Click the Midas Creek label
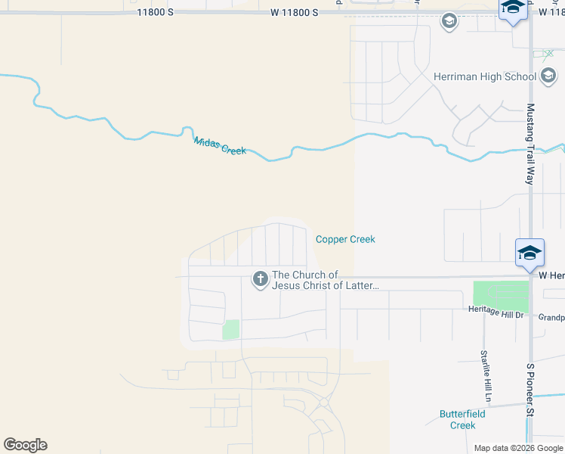pyautogui.click(x=220, y=145)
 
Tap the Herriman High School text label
pyautogui.click(x=485, y=76)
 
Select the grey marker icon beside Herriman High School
pyautogui.click(x=549, y=76)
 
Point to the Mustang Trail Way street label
pyautogui.click(x=530, y=145)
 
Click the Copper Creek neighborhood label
pyautogui.click(x=345, y=239)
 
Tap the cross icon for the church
pyautogui.click(x=260, y=280)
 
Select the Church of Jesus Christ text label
pyautogui.click(x=325, y=280)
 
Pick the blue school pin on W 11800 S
pyautogui.click(x=513, y=9)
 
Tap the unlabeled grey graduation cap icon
pyautogui.click(x=449, y=21)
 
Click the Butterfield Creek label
pyautogui.click(x=462, y=419)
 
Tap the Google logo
pyautogui.click(x=25, y=445)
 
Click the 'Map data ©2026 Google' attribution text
pyautogui.click(x=518, y=448)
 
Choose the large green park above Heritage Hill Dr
pyautogui.click(x=501, y=295)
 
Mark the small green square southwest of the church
pyautogui.click(x=231, y=329)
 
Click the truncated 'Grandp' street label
pyautogui.click(x=551, y=318)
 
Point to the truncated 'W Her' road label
pyautogui.click(x=551, y=275)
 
